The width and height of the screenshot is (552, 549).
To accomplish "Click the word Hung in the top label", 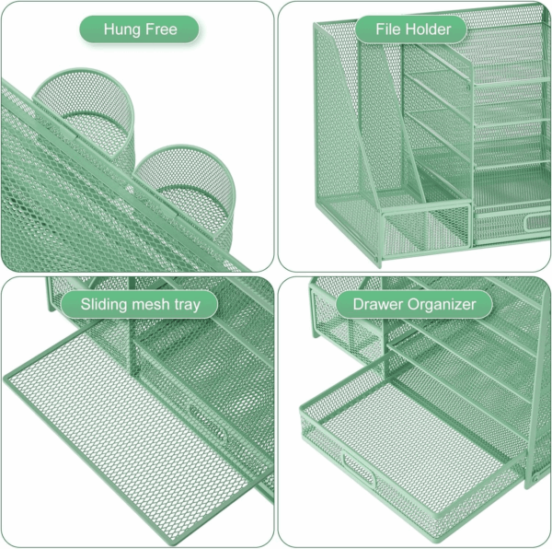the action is click(122, 30).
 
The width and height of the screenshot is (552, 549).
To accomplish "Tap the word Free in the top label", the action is click(161, 29).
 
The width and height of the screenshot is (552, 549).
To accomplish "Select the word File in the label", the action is click(388, 29).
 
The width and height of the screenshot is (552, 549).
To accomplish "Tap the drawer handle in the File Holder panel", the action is click(538, 223).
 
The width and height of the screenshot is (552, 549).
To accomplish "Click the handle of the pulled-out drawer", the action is click(358, 468).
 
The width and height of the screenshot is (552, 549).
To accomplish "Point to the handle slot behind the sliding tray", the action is click(208, 423).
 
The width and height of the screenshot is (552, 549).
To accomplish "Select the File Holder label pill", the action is click(411, 29).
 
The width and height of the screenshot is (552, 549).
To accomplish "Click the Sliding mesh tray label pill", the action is click(140, 305).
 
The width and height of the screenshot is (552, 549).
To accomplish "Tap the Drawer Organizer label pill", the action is click(414, 305).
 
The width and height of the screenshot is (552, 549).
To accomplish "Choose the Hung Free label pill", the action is click(140, 29).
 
